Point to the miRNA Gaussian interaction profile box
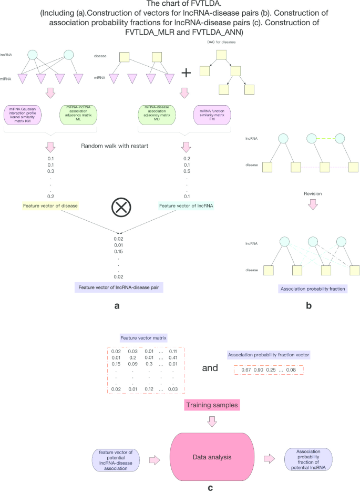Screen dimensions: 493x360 (24, 115)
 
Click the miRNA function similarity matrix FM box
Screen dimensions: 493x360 (212, 115)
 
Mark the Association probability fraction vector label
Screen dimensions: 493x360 (269, 355)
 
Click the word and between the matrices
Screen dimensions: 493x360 (210, 368)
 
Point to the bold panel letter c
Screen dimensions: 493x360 (211, 487)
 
